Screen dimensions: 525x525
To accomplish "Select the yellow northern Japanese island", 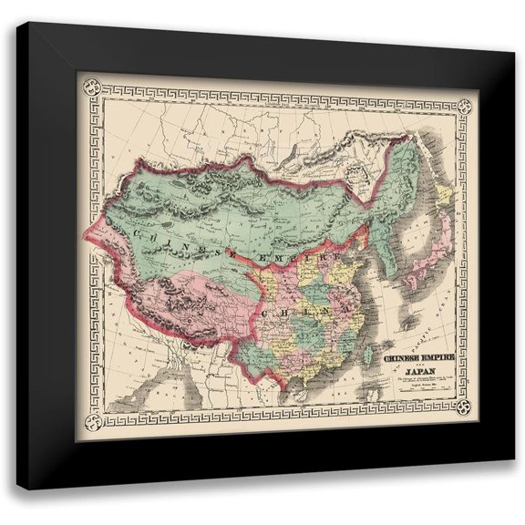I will [447, 196].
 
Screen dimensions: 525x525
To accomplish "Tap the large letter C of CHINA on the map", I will [264, 312].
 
